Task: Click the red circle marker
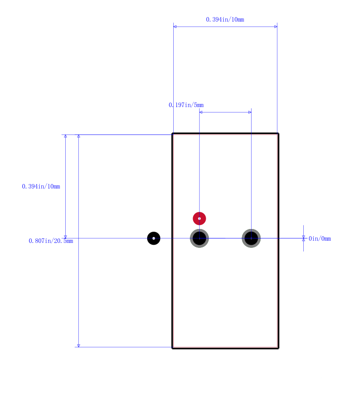tap(199, 219)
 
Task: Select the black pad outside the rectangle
tap(153, 238)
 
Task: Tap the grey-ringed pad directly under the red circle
tap(199, 238)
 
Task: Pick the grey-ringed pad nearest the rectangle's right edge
tap(251, 238)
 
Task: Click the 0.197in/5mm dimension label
tap(186, 105)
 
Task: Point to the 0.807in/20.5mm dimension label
tap(51, 241)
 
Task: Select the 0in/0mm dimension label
tap(320, 238)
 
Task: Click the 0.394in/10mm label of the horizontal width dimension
tap(225, 20)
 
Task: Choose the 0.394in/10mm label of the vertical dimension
tap(41, 187)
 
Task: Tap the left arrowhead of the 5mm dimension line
tap(201, 112)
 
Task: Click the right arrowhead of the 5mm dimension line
tap(250, 112)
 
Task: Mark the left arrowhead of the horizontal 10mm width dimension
tap(175, 27)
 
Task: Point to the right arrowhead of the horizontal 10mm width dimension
tap(276, 27)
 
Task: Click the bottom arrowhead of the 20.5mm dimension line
tap(79, 346)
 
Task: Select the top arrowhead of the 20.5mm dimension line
tap(79, 136)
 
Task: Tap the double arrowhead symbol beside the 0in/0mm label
tap(304, 238)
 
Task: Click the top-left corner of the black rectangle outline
tap(172, 134)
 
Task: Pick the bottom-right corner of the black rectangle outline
tap(278, 348)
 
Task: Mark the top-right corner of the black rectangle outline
tap(278, 134)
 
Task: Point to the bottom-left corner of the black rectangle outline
tap(172, 348)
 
